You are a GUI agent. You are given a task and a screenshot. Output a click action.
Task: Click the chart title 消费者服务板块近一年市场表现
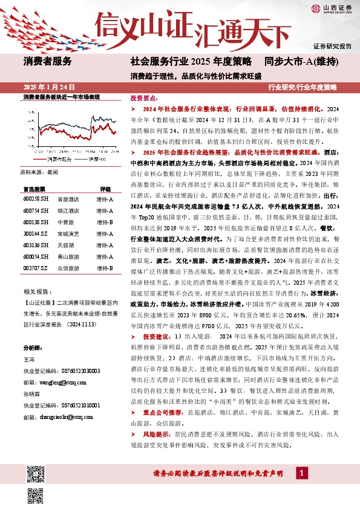pyautogui.click(x=61, y=97)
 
